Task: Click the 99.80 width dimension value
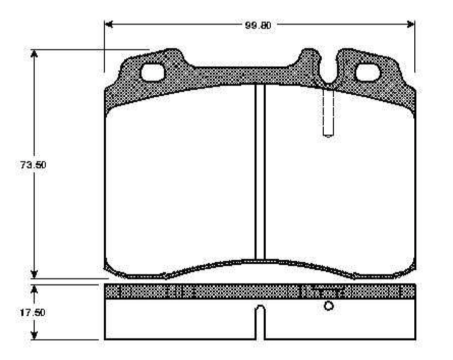(258, 25)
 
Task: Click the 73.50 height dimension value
(33, 164)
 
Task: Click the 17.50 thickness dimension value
(33, 312)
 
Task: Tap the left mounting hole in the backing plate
(152, 72)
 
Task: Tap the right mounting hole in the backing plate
(367, 72)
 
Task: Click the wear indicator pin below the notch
(328, 112)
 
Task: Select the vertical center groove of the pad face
(260, 172)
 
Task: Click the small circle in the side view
(329, 306)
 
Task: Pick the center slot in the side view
(260, 322)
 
